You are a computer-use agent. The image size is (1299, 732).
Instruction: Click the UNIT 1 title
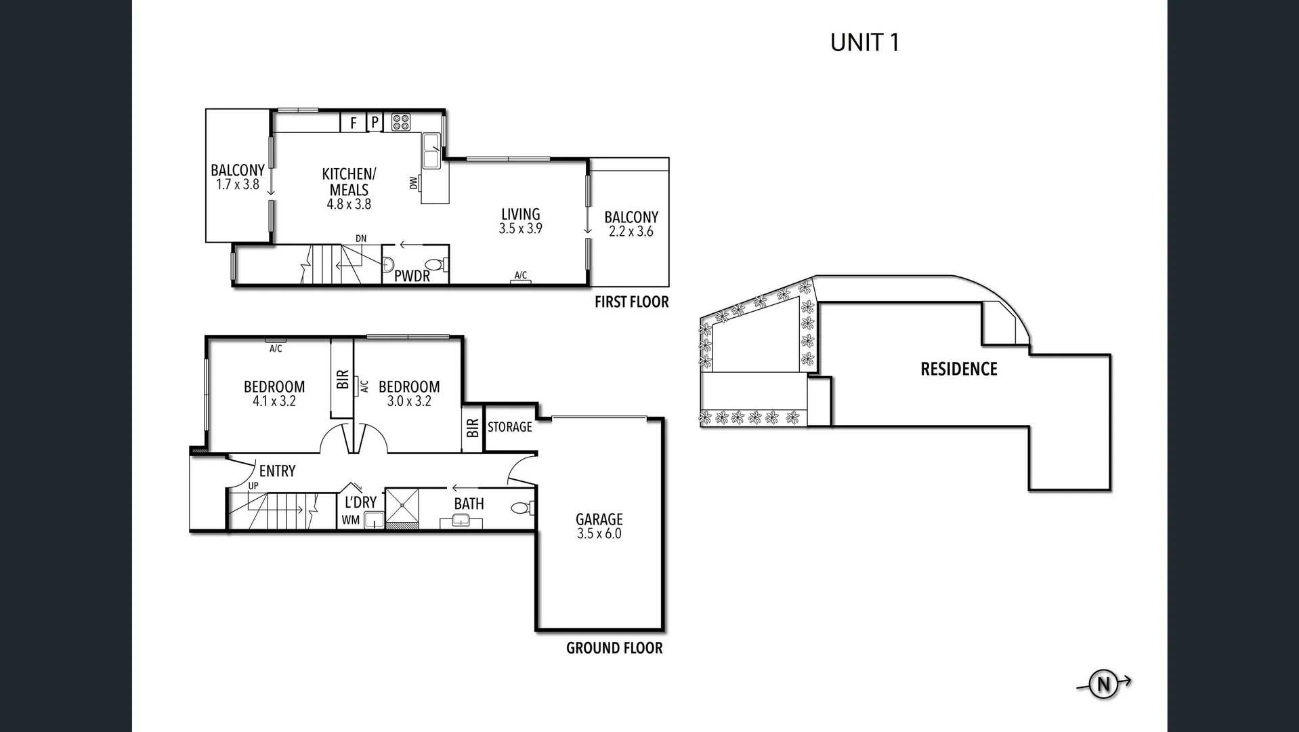(864, 43)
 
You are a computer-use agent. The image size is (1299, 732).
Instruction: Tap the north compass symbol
(1103, 685)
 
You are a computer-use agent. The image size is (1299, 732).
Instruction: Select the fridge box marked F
(353, 123)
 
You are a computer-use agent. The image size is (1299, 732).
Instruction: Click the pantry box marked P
(375, 123)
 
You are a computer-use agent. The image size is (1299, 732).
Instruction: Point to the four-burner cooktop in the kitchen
(401, 122)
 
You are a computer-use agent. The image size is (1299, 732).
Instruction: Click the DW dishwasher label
(413, 182)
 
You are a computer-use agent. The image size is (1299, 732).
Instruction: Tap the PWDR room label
(412, 277)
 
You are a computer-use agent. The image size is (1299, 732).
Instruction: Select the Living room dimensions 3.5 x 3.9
(520, 229)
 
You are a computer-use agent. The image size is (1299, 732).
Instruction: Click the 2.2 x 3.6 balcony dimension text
(631, 232)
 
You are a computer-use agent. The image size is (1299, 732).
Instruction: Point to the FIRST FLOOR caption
(631, 302)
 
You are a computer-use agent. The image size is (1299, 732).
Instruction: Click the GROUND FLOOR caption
(614, 648)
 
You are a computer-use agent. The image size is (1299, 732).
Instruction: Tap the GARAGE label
(599, 519)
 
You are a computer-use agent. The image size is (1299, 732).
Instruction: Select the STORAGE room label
(509, 427)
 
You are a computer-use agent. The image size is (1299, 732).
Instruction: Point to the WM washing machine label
(350, 521)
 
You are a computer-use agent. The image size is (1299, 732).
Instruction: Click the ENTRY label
(277, 471)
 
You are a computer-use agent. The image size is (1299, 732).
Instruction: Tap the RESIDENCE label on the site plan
(958, 369)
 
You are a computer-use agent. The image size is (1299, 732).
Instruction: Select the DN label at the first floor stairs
(361, 239)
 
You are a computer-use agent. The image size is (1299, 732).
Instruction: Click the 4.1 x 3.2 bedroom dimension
(274, 401)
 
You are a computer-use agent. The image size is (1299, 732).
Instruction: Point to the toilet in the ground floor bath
(521, 508)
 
